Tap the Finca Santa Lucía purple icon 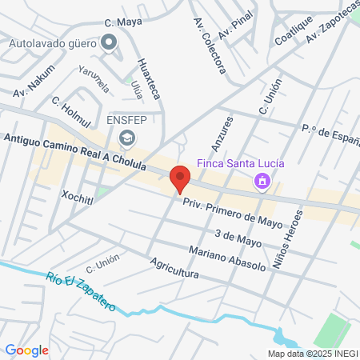point(261,182)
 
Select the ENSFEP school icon point(126,140)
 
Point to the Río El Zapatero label point(81,290)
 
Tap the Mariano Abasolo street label point(227,258)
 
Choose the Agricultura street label point(174,268)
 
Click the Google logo point(27,350)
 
